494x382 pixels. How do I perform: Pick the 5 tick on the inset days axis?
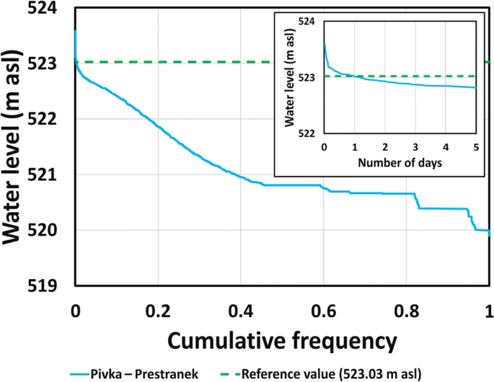pyautogui.click(x=476, y=146)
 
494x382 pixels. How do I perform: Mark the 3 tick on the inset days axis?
pyautogui.click(x=415, y=146)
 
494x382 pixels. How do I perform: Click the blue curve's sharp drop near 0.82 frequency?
pyautogui.click(x=418, y=201)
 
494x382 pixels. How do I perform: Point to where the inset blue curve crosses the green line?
pyautogui.click(x=354, y=76)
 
